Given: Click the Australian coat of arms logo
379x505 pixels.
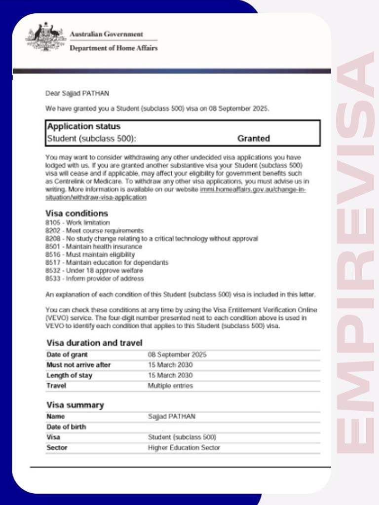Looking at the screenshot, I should click(45, 37).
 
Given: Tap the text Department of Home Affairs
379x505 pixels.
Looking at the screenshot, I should click(114, 48).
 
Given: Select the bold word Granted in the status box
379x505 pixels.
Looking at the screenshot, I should click(254, 139).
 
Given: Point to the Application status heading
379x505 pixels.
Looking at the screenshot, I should click(84, 126).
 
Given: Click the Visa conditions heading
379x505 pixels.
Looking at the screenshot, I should click(76, 214).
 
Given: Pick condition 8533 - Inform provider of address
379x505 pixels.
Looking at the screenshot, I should click(94, 279).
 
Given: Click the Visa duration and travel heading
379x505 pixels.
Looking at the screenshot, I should click(94, 343).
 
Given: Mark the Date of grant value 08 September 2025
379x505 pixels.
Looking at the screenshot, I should click(177, 355).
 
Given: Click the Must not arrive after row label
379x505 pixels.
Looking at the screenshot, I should click(78, 365).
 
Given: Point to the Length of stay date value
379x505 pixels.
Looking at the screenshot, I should click(170, 375).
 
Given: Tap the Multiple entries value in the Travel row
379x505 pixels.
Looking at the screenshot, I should click(170, 386).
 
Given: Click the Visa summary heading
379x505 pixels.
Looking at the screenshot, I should click(75, 405).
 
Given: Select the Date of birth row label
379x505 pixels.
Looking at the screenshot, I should click(66, 427).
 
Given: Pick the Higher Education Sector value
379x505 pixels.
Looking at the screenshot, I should click(184, 448).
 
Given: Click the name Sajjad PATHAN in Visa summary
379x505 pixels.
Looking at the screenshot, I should click(172, 417).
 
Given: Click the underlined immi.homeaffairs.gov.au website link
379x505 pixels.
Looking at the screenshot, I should click(253, 190).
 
